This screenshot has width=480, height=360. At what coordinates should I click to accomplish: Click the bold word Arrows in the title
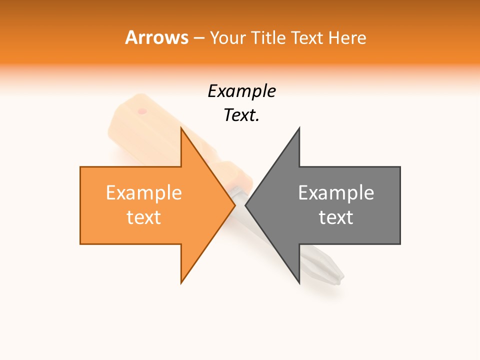[x=156, y=37]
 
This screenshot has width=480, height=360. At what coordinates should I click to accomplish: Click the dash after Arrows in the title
[x=198, y=38]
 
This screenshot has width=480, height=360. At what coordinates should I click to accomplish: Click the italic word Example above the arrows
[x=241, y=91]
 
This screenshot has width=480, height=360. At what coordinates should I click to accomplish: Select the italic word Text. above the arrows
[x=241, y=115]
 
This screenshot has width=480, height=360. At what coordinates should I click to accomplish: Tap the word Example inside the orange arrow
[x=144, y=193]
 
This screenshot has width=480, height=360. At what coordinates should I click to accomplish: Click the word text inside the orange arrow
[x=144, y=217]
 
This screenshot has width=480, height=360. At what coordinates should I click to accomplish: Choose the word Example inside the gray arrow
[x=336, y=193]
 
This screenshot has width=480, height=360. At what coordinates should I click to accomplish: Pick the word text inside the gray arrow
[x=336, y=217]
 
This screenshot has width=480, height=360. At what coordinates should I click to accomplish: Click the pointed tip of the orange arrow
[x=234, y=205]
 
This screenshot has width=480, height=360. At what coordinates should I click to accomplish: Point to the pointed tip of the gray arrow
[x=246, y=205]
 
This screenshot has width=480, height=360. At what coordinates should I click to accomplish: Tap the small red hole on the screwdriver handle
[x=142, y=110]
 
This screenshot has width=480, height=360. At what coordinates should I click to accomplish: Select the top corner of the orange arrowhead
[x=181, y=129]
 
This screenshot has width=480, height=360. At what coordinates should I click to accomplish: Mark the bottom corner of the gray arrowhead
[x=299, y=283]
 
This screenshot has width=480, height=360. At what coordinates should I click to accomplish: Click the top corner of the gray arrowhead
[x=299, y=128]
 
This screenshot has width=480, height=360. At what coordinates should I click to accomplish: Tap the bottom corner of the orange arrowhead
[x=181, y=282]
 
